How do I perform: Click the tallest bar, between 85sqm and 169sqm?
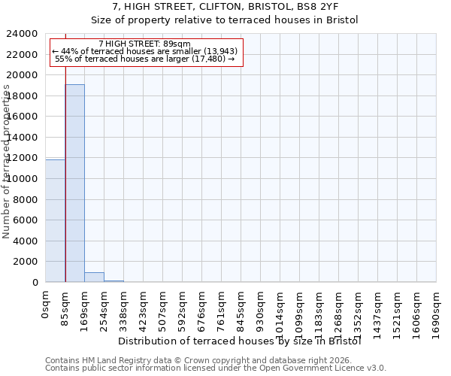click(74, 183)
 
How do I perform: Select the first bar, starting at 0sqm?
click(55, 220)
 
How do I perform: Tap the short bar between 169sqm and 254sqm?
click(94, 277)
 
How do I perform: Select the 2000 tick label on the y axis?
click(28, 262)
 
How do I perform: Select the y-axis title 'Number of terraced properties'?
click(7, 162)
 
